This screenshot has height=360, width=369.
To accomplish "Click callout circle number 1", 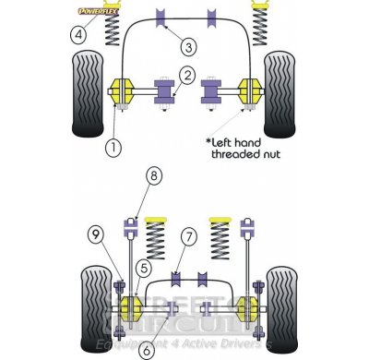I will tap(113, 146).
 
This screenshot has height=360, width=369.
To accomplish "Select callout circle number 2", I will tap(186, 76).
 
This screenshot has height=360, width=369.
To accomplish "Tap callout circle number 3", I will tap(187, 46).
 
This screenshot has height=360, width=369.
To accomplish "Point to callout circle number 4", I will tap(79, 35).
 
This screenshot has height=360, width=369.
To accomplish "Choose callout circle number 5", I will tap(143, 268).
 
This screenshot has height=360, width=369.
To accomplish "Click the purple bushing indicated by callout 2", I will tap(168, 93).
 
